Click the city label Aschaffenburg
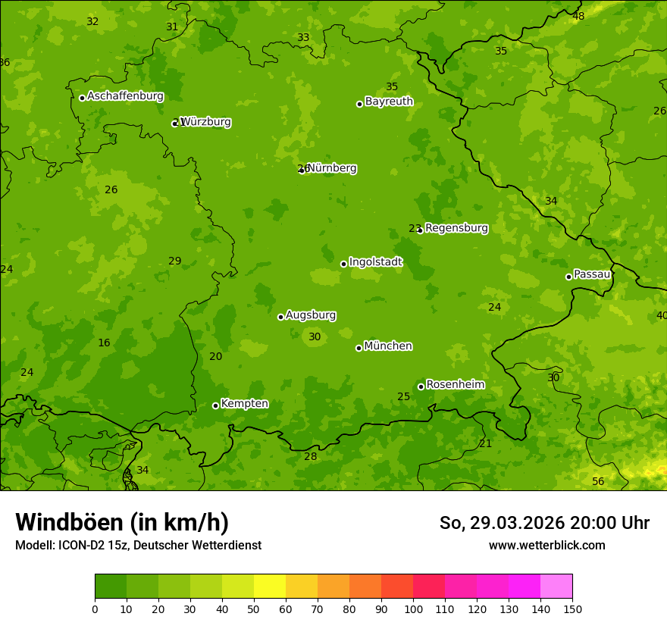coord(125,96)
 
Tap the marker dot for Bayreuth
coord(359,104)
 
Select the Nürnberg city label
coord(332,168)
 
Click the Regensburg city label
coord(456,228)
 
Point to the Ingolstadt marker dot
coord(343,264)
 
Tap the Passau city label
coord(592,274)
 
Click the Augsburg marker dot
coord(280,317)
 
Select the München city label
coord(388,346)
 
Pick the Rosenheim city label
coord(455,385)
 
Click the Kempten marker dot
coord(215,405)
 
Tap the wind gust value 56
coord(598,482)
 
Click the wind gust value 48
coord(578,16)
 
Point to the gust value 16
coord(104,343)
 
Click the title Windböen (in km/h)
coord(122,522)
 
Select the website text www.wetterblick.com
coord(546,546)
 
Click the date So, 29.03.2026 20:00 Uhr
coord(544,523)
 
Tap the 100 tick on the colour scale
coord(413,609)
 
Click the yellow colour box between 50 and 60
coord(270,586)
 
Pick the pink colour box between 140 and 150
coord(556,586)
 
